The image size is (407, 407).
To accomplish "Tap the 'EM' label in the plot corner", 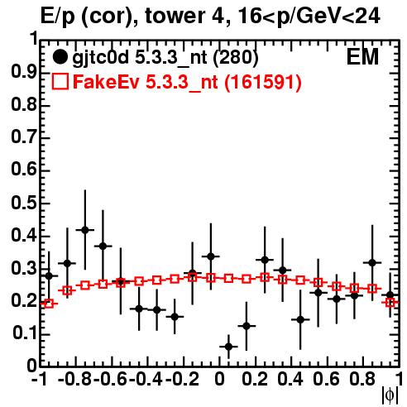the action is click(x=362, y=57).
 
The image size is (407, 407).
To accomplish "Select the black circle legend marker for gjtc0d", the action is click(x=60, y=57).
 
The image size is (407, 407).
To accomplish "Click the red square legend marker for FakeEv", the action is click(x=60, y=81).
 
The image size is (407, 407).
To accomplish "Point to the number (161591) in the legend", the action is click(x=263, y=82).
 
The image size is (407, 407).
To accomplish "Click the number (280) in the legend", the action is click(x=236, y=58).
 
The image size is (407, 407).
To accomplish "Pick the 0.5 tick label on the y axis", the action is click(x=24, y=203).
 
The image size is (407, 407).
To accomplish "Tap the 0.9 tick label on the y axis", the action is click(x=24, y=73).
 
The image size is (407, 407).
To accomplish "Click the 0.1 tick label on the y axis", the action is click(x=25, y=334).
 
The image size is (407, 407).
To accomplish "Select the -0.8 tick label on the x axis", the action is click(x=74, y=379).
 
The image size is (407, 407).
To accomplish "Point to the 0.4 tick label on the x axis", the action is click(x=290, y=379).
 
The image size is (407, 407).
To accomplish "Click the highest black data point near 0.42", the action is click(x=85, y=230).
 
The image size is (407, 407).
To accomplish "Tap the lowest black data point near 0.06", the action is click(x=228, y=347).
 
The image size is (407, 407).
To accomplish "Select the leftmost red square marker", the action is click(x=49, y=304).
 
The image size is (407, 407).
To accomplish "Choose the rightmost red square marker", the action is click(x=390, y=303).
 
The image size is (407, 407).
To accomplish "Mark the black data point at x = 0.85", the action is click(x=372, y=263).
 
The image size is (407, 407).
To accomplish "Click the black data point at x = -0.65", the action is click(x=103, y=246).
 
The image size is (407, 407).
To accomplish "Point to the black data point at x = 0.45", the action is click(x=300, y=319).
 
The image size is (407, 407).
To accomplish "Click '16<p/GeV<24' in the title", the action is click(x=309, y=17).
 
